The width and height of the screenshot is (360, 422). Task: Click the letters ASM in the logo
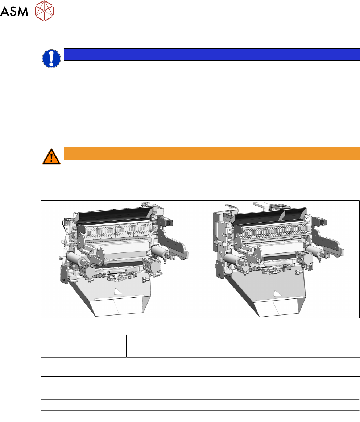[14, 11]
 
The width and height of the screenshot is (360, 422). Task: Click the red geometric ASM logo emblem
[45, 11]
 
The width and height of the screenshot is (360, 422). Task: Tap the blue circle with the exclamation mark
[51, 58]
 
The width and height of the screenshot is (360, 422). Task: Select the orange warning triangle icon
[51, 156]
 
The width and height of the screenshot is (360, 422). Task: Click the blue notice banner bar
[212, 55]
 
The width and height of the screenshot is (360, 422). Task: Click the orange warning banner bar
[212, 154]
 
